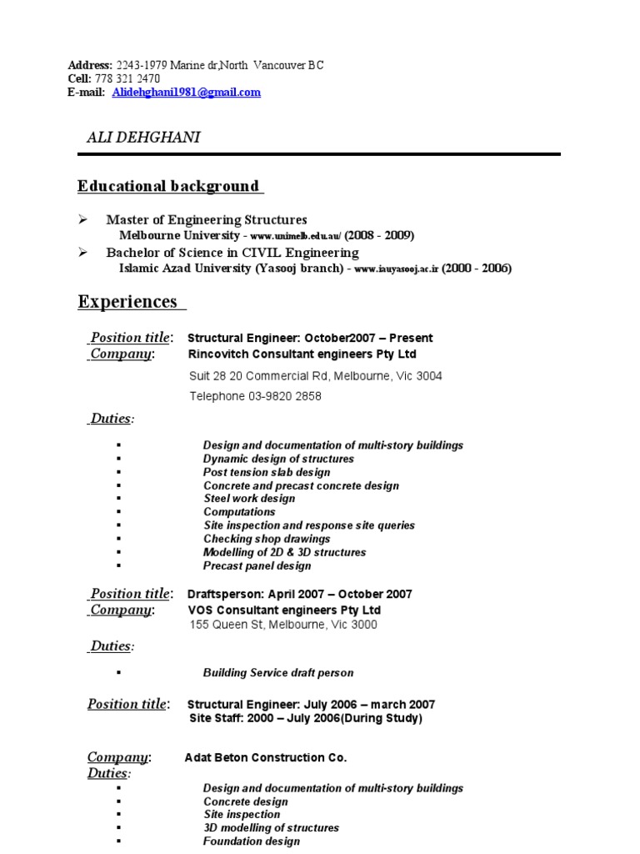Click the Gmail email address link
[x=186, y=93]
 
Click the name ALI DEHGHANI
[x=143, y=138]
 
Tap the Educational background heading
[x=169, y=186]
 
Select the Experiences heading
[x=128, y=301]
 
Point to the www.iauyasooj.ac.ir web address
[x=396, y=269]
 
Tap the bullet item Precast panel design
[x=257, y=565]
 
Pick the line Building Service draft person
[x=278, y=672]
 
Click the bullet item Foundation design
[x=252, y=841]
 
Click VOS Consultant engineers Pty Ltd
[x=284, y=610]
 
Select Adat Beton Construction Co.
[x=266, y=757]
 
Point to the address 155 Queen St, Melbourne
[x=283, y=624]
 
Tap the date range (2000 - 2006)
[x=477, y=269]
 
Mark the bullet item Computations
[x=239, y=512]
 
